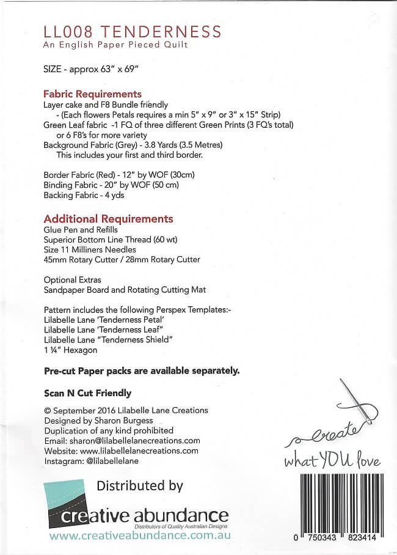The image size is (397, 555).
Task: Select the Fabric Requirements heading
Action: click(x=93, y=94)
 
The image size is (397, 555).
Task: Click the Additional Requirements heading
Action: click(x=109, y=218)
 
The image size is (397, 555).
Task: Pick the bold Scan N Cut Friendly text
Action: click(x=88, y=393)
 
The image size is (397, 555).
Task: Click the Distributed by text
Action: click(x=140, y=485)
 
